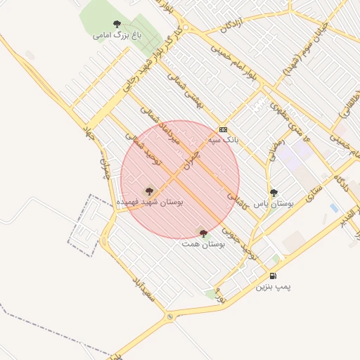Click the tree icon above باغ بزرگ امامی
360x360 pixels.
click(x=117, y=24)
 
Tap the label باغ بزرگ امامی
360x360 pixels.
click(x=117, y=34)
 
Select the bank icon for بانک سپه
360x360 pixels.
click(x=224, y=129)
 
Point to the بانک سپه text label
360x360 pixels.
click(x=224, y=141)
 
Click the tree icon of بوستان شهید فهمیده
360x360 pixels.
click(x=148, y=191)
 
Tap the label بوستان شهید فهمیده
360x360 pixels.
click(x=149, y=202)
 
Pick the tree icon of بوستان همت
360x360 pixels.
click(x=203, y=233)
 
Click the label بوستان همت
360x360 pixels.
click(x=202, y=244)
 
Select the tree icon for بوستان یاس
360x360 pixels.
click(x=274, y=192)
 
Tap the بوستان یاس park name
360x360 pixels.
click(x=274, y=202)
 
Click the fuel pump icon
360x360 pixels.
click(x=273, y=276)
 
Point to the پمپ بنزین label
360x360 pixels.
click(x=273, y=287)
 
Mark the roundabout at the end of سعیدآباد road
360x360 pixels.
click(x=169, y=318)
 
